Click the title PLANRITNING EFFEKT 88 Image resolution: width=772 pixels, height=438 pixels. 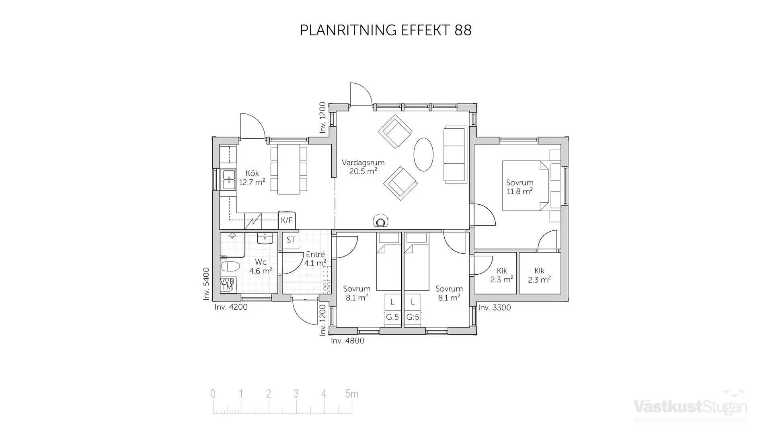tap(385, 31)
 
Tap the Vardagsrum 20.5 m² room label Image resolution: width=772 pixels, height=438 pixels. tap(363, 167)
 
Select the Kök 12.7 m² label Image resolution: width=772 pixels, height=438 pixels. tap(252, 177)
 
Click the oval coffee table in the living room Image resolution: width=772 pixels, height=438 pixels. tap(423, 154)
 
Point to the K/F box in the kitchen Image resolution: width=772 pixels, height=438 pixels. tap(287, 220)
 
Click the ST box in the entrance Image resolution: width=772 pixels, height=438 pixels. tap(291, 240)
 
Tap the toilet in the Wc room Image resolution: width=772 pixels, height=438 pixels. tap(230, 266)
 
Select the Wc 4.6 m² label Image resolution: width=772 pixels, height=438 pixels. tap(261, 267)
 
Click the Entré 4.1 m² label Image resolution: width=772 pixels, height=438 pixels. tap(315, 259)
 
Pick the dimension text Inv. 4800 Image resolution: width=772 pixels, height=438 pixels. tap(347, 341)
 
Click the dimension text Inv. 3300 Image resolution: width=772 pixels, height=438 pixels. tap(495, 308)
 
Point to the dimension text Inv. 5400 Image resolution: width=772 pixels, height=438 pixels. tap(206, 284)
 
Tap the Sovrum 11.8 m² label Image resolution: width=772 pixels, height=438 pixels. tap(519, 187)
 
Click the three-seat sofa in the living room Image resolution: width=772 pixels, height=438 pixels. tap(455, 155)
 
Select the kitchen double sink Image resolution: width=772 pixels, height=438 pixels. tap(229, 180)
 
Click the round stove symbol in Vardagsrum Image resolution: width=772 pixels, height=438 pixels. tap(380, 221)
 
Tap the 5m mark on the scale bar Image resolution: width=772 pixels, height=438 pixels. tap(351, 394)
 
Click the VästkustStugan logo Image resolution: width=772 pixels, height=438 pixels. tap(690, 406)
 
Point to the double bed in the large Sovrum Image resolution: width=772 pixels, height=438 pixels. tap(523, 186)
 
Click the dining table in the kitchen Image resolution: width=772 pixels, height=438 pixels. tap(289, 169)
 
